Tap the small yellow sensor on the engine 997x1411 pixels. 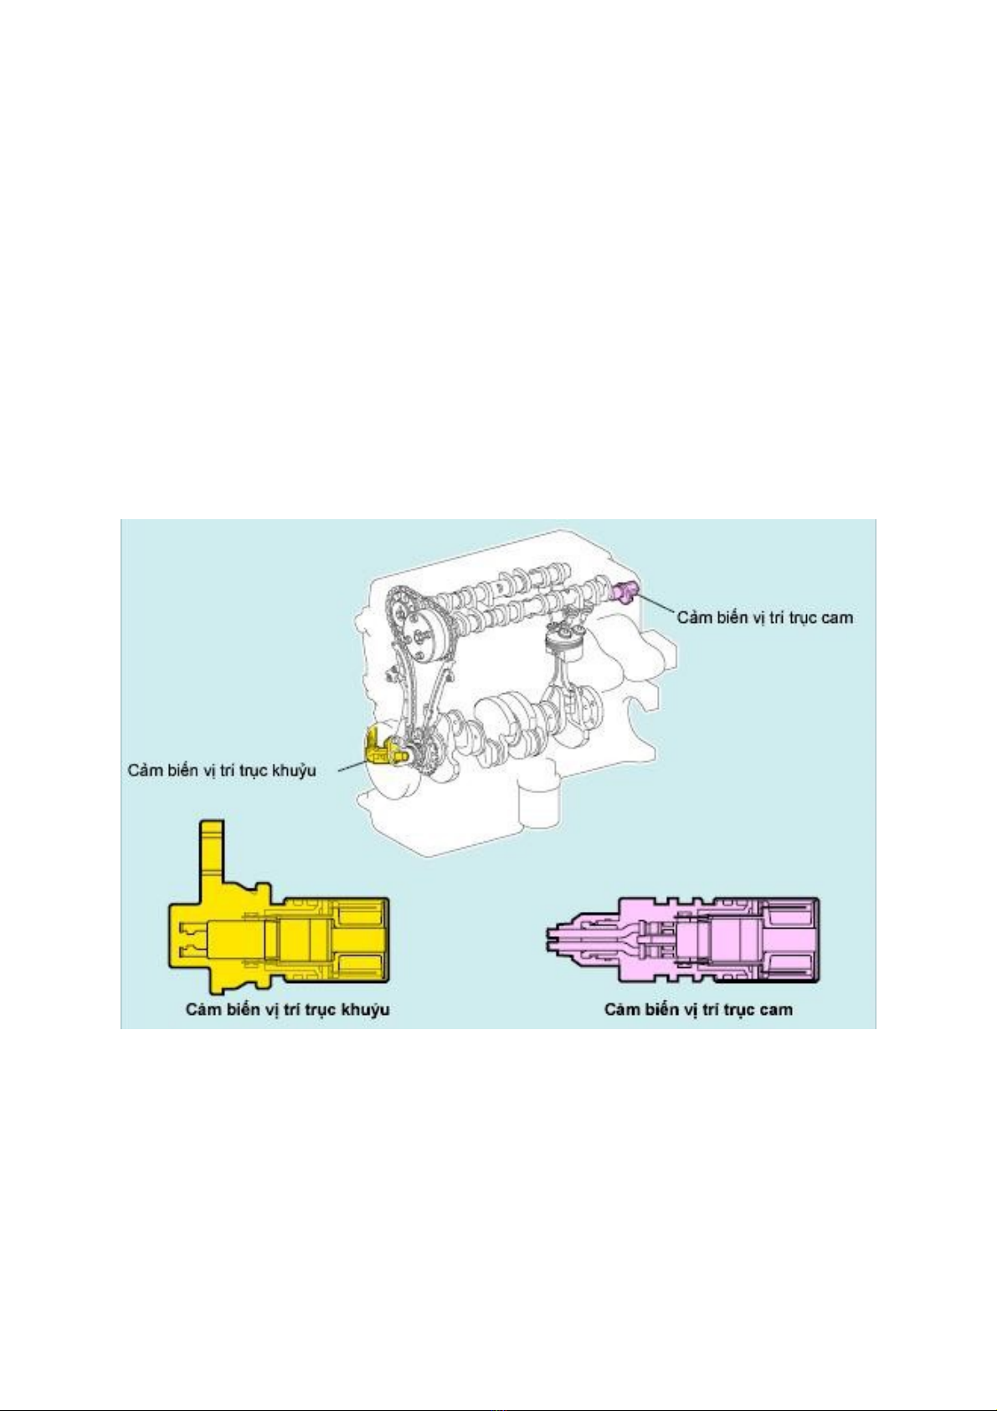[x=380, y=746]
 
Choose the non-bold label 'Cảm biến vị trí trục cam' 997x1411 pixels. [x=764, y=617]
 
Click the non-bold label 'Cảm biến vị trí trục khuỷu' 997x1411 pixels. [x=222, y=770]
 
